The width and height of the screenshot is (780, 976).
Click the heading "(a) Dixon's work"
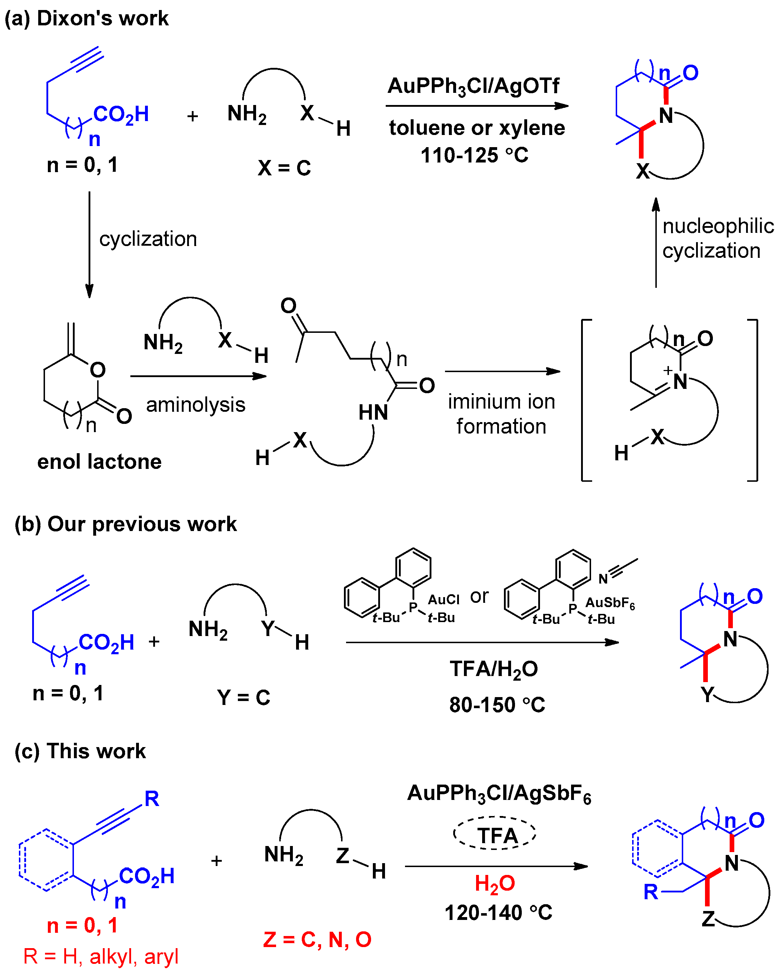(x=86, y=19)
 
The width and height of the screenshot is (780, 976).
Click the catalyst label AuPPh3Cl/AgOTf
(x=473, y=86)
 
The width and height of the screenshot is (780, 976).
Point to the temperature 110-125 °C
(x=474, y=155)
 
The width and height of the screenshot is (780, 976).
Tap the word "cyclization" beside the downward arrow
(x=147, y=239)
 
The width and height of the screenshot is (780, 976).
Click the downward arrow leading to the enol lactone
(x=89, y=245)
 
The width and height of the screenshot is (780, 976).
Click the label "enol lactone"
(x=99, y=462)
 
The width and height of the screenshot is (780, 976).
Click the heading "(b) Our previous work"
(x=125, y=524)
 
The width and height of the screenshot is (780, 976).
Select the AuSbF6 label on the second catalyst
(x=610, y=603)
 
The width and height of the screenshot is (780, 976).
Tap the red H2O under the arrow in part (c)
(x=494, y=883)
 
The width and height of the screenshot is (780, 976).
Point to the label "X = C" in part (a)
(x=284, y=168)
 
